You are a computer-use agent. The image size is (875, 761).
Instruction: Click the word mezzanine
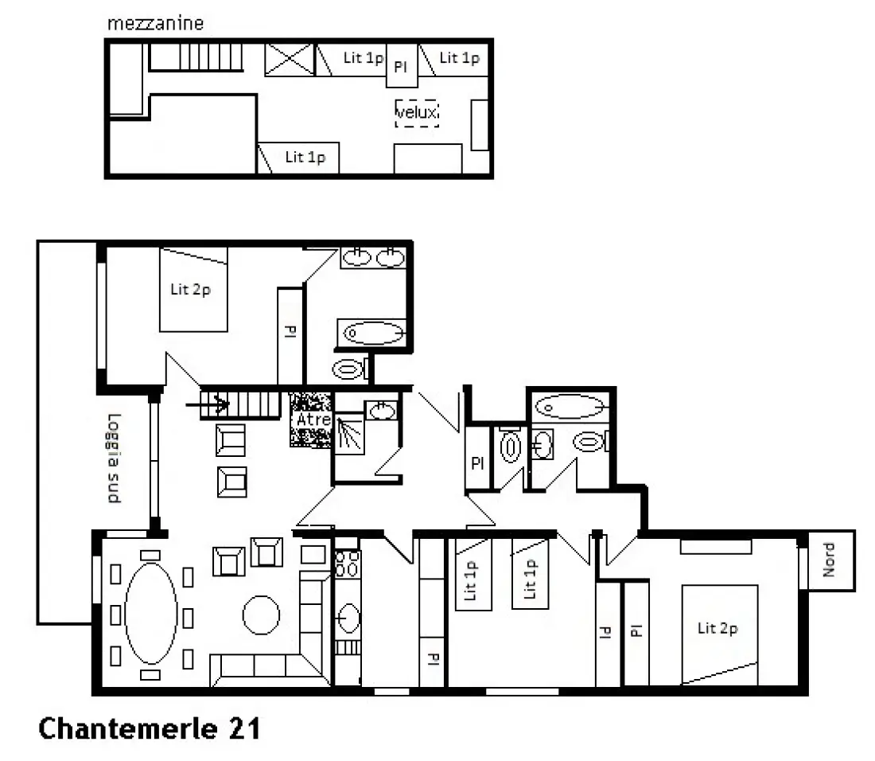(x=155, y=23)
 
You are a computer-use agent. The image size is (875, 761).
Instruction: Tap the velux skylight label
(x=417, y=113)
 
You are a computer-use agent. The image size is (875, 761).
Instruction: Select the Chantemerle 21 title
(x=149, y=728)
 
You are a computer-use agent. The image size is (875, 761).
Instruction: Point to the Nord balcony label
(x=829, y=560)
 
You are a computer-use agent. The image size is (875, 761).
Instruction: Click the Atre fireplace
(x=311, y=420)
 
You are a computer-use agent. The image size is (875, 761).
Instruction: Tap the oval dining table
(x=151, y=612)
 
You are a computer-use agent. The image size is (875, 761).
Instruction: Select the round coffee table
(x=261, y=615)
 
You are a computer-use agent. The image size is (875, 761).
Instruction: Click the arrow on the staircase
(x=208, y=404)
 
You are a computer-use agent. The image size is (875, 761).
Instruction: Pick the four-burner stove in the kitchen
(x=347, y=564)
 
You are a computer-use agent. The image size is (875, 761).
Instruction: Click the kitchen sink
(x=348, y=618)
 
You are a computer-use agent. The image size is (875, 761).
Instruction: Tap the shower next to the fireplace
(x=349, y=433)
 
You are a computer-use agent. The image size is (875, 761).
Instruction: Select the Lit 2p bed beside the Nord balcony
(x=719, y=634)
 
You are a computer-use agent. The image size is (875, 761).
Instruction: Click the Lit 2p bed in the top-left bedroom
(x=193, y=290)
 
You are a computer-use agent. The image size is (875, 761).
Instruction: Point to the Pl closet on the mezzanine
(x=402, y=66)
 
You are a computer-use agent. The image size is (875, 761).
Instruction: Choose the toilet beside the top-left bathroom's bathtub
(x=350, y=369)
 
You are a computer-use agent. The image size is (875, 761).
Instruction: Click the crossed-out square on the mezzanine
(x=289, y=59)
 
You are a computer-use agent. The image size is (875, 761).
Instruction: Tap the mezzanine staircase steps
(x=196, y=57)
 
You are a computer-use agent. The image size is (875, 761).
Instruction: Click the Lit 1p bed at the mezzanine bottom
(x=298, y=158)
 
